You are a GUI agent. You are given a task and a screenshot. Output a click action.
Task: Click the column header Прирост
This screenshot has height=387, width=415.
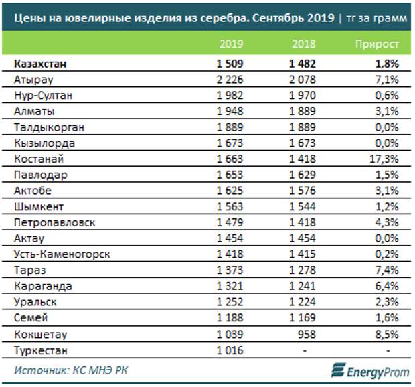click(377, 44)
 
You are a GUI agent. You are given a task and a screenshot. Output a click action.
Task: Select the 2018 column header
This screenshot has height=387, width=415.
click(303, 44)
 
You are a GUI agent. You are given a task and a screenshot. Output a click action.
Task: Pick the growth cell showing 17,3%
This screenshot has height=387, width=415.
click(384, 159)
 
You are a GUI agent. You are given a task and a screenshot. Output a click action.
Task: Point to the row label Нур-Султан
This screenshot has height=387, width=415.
click(42, 96)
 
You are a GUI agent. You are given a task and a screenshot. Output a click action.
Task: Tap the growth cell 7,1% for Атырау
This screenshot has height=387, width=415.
click(388, 80)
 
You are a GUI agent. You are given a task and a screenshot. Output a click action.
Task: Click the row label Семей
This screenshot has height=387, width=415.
click(29, 317)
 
